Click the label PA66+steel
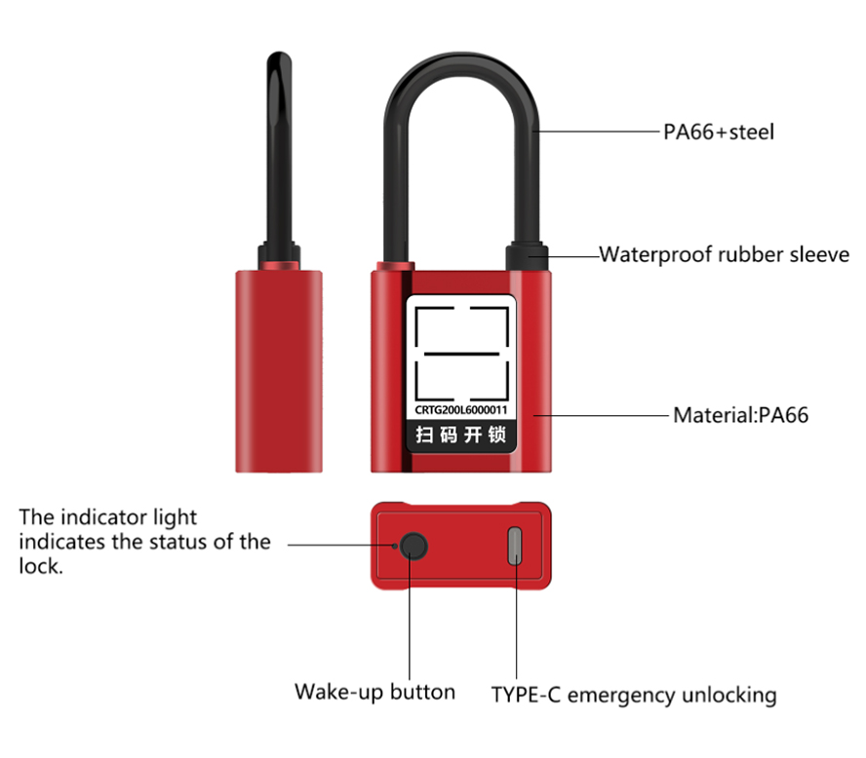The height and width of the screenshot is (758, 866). (719, 132)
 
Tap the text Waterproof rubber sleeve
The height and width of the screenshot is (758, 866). (724, 254)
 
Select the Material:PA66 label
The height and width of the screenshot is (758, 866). (740, 415)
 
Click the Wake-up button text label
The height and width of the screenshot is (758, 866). (375, 693)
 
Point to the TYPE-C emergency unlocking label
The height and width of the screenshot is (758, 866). (634, 695)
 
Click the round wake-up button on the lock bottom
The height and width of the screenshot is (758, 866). (413, 546)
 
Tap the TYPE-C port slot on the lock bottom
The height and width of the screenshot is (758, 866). (515, 546)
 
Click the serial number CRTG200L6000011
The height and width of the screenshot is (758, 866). (460, 410)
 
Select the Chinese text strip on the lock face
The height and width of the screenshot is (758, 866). (460, 435)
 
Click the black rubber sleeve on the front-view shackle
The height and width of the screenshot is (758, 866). (527, 256)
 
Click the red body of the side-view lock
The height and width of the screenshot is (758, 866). (279, 371)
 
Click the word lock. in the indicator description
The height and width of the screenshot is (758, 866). (41, 567)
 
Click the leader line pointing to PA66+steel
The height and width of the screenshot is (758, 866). (597, 132)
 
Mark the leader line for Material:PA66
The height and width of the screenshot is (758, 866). (601, 415)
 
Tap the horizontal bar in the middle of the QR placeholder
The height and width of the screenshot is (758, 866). (461, 354)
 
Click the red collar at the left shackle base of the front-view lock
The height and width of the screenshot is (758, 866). (395, 266)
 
